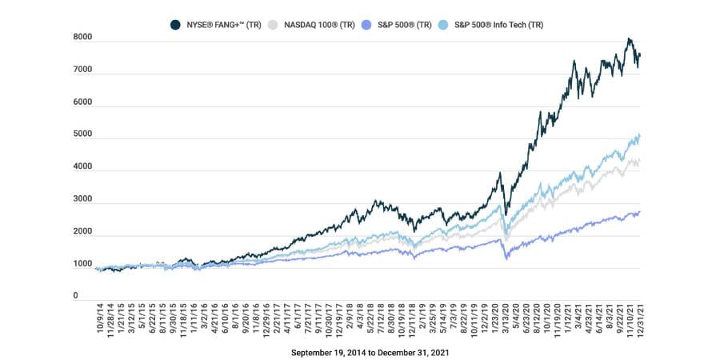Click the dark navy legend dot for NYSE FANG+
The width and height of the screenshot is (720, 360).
click(x=175, y=25)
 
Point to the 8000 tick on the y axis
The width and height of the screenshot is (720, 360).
click(x=83, y=38)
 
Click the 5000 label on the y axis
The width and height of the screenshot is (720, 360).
click(x=83, y=135)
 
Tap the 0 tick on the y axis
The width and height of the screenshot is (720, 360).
click(x=77, y=296)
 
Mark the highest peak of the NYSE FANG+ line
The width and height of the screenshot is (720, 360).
click(x=629, y=38)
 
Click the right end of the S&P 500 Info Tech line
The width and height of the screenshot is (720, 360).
click(x=640, y=136)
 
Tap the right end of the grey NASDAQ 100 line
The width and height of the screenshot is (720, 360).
click(x=640, y=161)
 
